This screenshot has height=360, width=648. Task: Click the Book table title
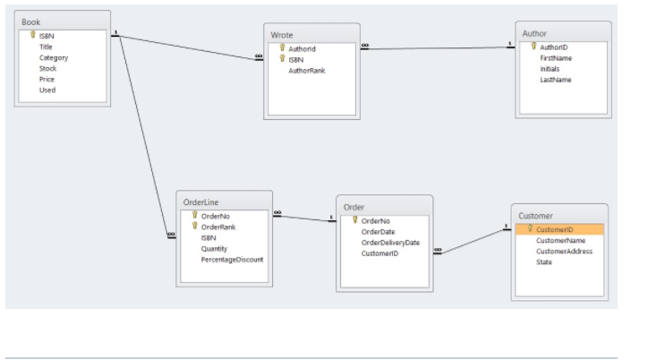tap(31, 21)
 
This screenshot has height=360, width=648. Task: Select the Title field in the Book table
tap(46, 47)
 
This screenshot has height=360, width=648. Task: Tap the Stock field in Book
tap(47, 68)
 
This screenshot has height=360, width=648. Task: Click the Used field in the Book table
tap(47, 90)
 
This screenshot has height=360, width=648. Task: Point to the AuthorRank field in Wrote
tap(306, 70)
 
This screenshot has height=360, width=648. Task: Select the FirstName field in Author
tap(556, 57)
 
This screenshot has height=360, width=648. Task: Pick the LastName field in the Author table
tap(555, 80)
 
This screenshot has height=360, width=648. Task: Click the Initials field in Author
tap(550, 68)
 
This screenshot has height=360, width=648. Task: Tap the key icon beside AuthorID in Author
tap(533, 46)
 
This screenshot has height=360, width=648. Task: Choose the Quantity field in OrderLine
tap(215, 248)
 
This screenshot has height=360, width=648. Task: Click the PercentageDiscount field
tap(232, 259)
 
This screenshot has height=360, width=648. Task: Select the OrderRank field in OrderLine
tap(217, 227)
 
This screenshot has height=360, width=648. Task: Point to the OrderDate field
tap(378, 231)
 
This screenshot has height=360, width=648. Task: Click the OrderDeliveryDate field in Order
tap(389, 242)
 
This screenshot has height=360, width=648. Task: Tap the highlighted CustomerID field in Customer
tap(560, 229)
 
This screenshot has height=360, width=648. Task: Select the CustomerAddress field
tap(564, 251)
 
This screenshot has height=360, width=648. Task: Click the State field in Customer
tap(544, 261)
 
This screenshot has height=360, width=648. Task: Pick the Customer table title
tap(535, 216)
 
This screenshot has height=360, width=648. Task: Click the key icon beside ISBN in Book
tap(33, 36)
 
